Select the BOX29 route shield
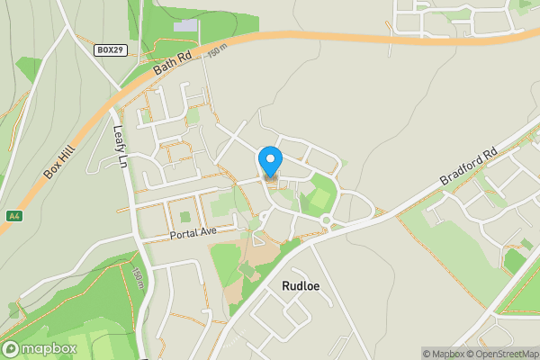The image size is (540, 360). pyautogui.click(x=110, y=50)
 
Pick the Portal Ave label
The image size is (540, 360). pyautogui.click(x=193, y=233)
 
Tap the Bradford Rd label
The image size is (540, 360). pyautogui.click(x=469, y=168)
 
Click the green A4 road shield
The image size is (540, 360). pyautogui.click(x=14, y=216)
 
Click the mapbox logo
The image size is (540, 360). pyautogui.click(x=40, y=348)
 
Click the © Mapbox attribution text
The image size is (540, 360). pyautogui.click(x=442, y=354)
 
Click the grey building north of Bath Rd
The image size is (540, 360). pyautogui.click(x=184, y=25)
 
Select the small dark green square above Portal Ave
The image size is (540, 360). pyautogui.click(x=185, y=217)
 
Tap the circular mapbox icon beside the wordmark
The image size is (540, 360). pyautogui.click(x=12, y=348)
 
